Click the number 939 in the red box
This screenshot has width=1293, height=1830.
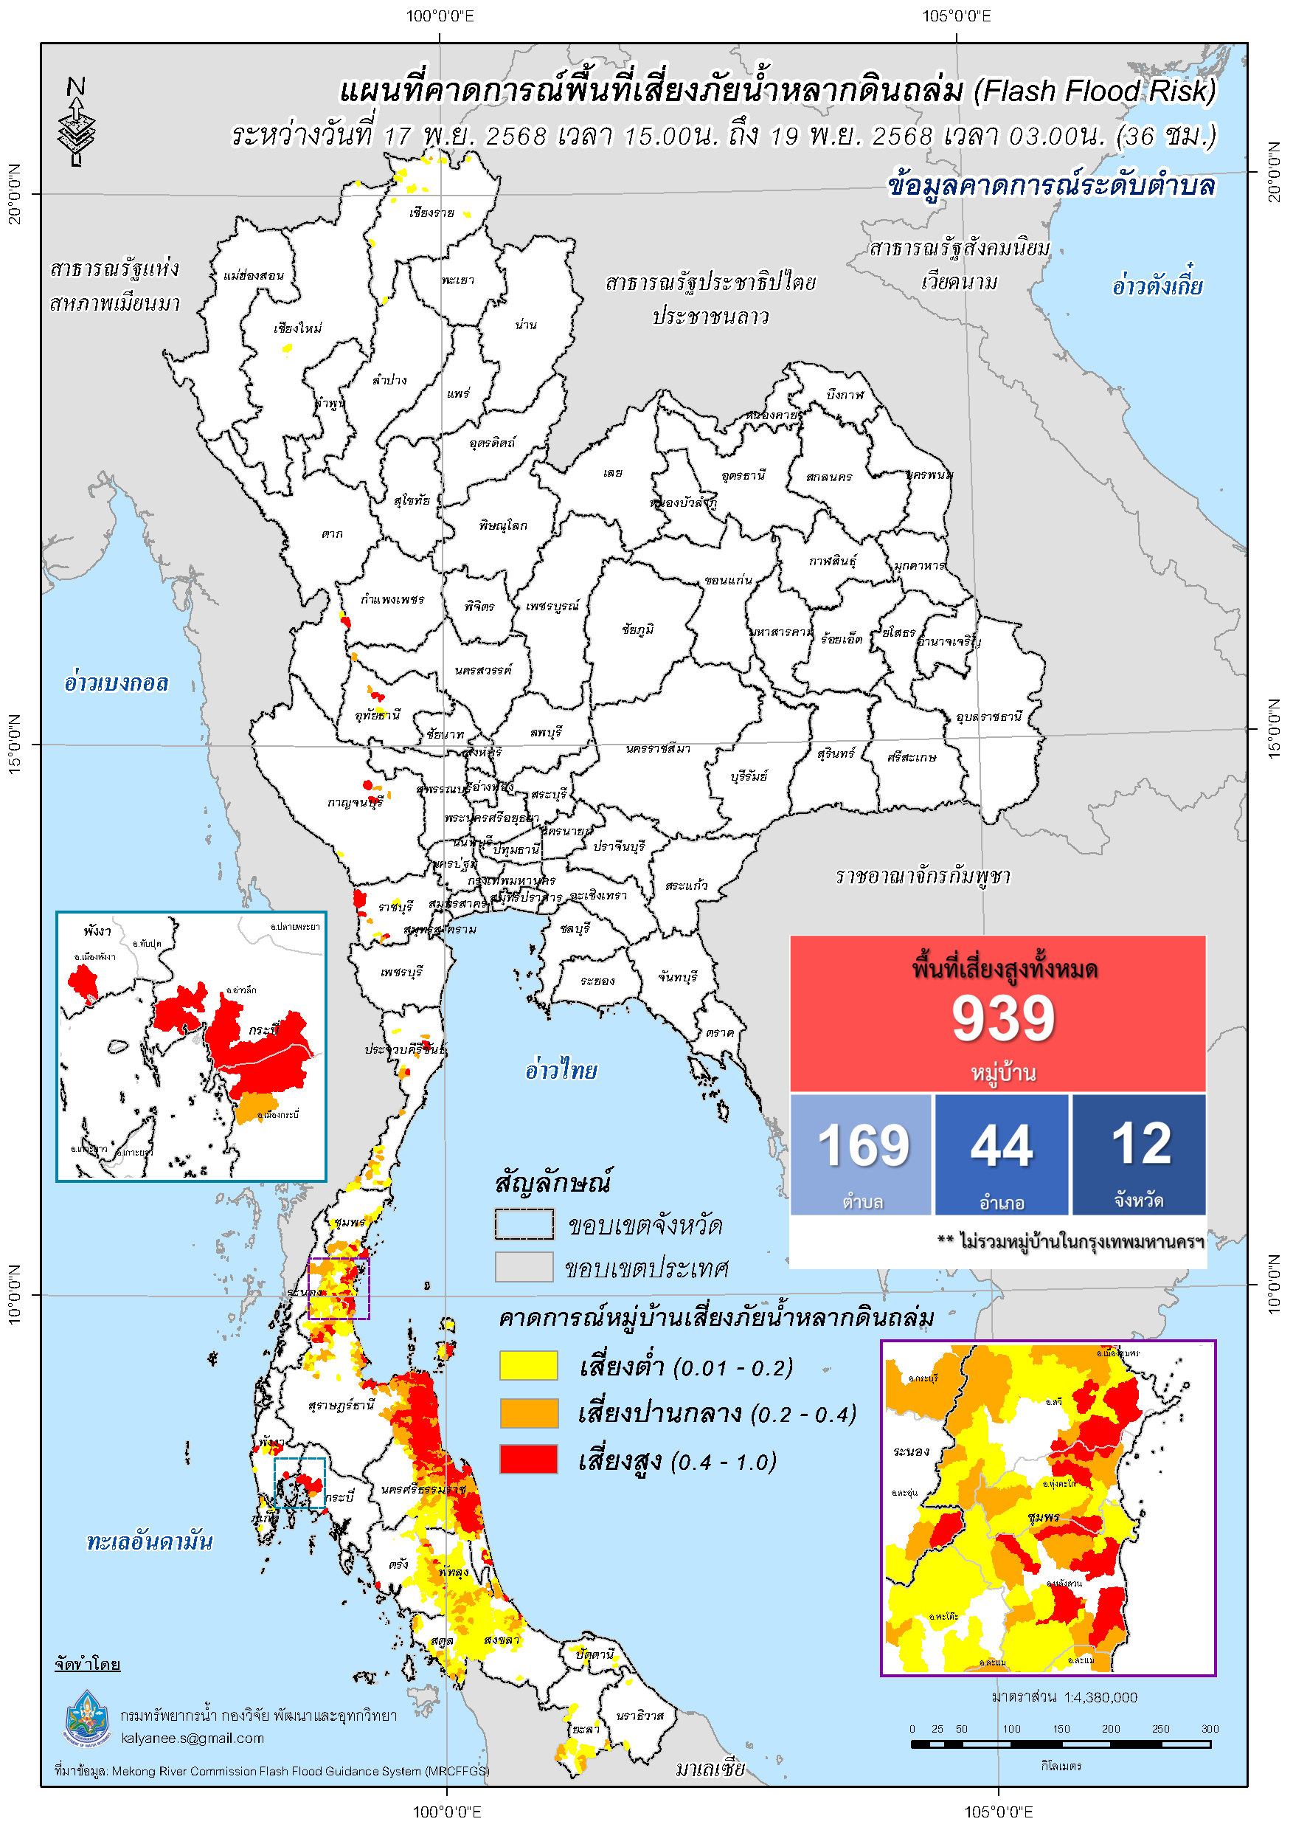click(x=1002, y=1018)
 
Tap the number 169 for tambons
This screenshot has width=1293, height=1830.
click(x=863, y=1145)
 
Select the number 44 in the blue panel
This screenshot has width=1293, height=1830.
click(x=1002, y=1145)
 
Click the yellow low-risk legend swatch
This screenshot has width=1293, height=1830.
click(x=528, y=1365)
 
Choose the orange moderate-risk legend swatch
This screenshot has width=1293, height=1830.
click(x=528, y=1412)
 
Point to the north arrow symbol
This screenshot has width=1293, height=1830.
click(x=77, y=121)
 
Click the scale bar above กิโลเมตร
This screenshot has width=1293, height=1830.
click(x=1060, y=1744)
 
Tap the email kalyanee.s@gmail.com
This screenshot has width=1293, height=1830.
click(x=192, y=1738)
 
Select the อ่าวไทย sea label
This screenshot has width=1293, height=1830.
click(x=561, y=1070)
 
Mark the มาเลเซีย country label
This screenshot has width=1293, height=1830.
click(x=710, y=1769)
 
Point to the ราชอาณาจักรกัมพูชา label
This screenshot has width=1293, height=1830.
click(x=923, y=876)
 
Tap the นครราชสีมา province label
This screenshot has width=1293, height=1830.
click(x=657, y=748)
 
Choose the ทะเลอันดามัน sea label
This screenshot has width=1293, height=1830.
click(x=149, y=1541)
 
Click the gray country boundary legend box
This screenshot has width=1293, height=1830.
click(x=524, y=1266)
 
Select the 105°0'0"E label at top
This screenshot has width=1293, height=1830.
click(x=956, y=16)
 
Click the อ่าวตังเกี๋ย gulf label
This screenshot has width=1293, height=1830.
click(x=1156, y=286)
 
